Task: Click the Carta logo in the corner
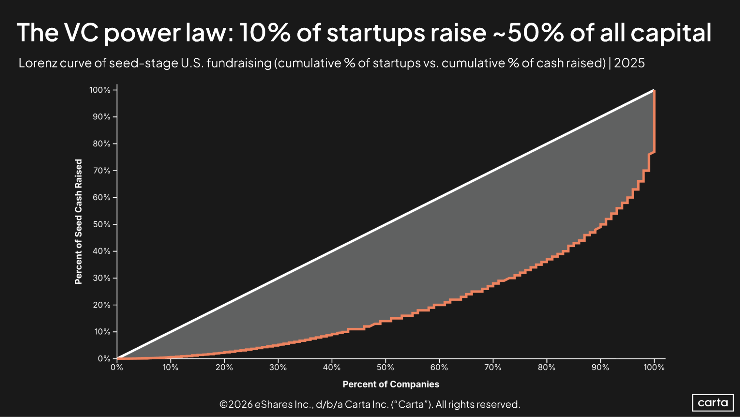(x=713, y=403)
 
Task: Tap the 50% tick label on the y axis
(x=101, y=224)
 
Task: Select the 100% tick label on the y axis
(x=100, y=90)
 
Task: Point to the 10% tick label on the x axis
(x=170, y=367)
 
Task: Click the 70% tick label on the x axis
(x=493, y=367)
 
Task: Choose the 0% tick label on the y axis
(x=104, y=358)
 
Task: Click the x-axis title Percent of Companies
(x=391, y=384)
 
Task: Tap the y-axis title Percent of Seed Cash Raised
(x=78, y=222)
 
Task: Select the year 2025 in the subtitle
(x=629, y=63)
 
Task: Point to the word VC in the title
(x=81, y=33)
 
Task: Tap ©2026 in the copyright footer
(x=236, y=404)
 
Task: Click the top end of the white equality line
(x=653, y=90)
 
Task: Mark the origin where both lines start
(x=117, y=358)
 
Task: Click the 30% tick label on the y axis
(x=101, y=278)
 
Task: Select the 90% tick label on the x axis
(x=600, y=367)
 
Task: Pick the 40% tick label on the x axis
(x=331, y=367)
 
